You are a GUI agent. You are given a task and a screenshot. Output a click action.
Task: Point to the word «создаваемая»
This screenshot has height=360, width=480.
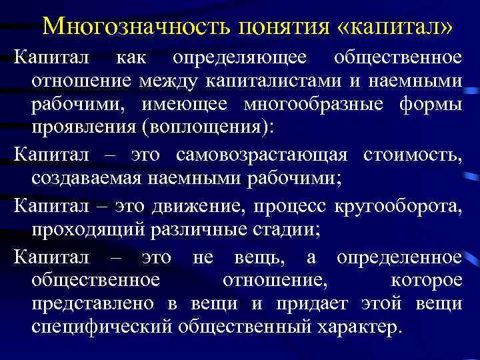pos(85,179)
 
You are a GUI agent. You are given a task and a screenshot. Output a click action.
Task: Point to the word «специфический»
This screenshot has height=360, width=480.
pos(101,328)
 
